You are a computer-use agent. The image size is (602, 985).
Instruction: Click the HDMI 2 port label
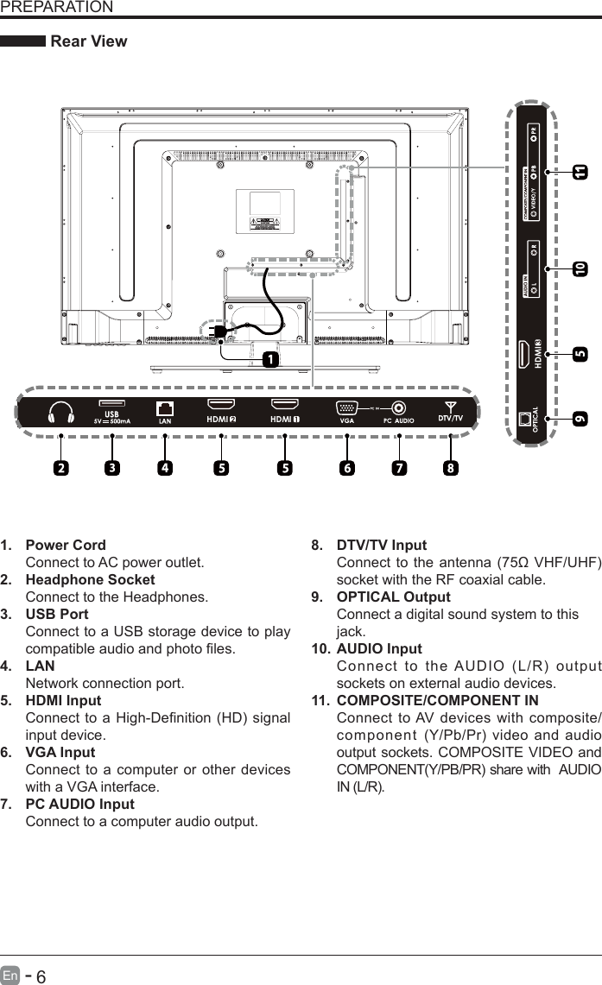coord(221,420)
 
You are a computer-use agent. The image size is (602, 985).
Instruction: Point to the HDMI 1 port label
coord(285,420)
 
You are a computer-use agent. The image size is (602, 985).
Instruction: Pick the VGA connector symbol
coord(346,409)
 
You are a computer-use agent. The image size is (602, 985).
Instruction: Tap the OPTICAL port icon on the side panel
coord(526,419)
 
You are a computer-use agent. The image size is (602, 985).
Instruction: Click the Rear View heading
coord(89,41)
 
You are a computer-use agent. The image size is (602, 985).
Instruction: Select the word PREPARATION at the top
coord(56,8)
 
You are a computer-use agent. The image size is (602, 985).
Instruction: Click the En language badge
coord(10,976)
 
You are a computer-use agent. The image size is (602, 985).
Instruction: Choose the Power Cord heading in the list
coord(66,546)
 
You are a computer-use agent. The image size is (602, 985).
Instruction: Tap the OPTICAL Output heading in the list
coord(393,597)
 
